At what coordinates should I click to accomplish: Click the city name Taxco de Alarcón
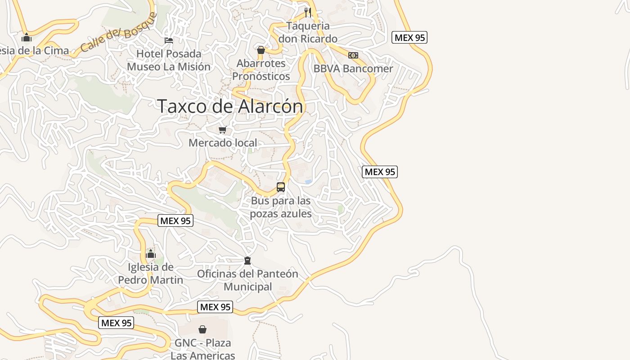pyautogui.click(x=230, y=106)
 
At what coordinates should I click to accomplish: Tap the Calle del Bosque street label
pyautogui.click(x=119, y=32)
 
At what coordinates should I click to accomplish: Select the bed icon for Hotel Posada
pyautogui.click(x=169, y=40)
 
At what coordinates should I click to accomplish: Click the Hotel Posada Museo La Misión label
pyautogui.click(x=169, y=60)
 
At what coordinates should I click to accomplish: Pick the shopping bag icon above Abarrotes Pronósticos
pyautogui.click(x=261, y=50)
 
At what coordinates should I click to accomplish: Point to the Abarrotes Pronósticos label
pyautogui.click(x=261, y=70)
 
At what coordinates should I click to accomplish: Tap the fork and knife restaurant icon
pyautogui.click(x=308, y=12)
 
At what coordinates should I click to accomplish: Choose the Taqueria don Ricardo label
pyautogui.click(x=308, y=32)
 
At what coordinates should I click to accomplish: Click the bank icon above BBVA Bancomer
pyautogui.click(x=353, y=55)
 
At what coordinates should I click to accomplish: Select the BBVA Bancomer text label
pyautogui.click(x=353, y=69)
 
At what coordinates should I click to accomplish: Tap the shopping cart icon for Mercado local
pyautogui.click(x=222, y=130)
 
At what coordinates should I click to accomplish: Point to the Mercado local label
pyautogui.click(x=223, y=143)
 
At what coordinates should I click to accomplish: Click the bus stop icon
pyautogui.click(x=281, y=187)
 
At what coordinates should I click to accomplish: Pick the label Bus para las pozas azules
pyautogui.click(x=281, y=207)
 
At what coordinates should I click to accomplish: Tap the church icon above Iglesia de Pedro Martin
pyautogui.click(x=151, y=254)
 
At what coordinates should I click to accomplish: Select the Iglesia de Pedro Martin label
pyautogui.click(x=151, y=274)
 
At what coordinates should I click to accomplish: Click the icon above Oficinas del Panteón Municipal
pyautogui.click(x=247, y=260)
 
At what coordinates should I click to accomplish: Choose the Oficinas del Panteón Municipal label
pyautogui.click(x=247, y=280)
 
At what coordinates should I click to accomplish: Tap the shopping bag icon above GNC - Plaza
pyautogui.click(x=202, y=330)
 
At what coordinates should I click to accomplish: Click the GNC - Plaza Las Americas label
pyautogui.click(x=202, y=349)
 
